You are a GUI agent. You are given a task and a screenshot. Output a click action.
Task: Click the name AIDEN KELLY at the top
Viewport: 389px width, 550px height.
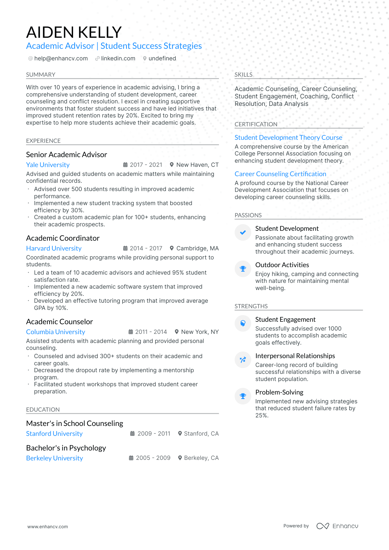pyautogui.click(x=74, y=32)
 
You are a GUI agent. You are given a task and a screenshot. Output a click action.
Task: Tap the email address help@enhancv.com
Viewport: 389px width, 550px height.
pyautogui.click(x=61, y=58)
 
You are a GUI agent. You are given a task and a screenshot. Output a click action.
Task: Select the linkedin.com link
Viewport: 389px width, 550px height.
pyautogui.click(x=118, y=58)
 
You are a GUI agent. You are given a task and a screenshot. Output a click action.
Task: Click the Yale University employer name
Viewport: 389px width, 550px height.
pyautogui.click(x=48, y=165)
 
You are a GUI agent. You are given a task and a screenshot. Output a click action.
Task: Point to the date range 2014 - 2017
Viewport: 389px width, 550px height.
pyautogui.click(x=146, y=248)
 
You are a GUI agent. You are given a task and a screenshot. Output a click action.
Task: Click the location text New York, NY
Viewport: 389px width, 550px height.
pyautogui.click(x=200, y=332)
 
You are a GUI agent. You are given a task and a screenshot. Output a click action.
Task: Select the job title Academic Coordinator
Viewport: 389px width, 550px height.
pyautogui.click(x=63, y=238)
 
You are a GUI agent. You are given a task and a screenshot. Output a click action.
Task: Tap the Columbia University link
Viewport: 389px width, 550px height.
pyautogui.click(x=55, y=332)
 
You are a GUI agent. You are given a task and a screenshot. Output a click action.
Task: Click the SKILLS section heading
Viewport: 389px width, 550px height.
pyautogui.click(x=243, y=75)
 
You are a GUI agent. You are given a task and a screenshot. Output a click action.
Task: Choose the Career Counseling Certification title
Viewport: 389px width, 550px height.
pyautogui.click(x=280, y=174)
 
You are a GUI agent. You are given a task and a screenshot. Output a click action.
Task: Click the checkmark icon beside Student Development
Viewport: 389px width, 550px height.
pyautogui.click(x=243, y=232)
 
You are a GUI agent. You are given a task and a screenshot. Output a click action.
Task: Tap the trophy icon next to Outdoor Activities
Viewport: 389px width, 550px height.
pyautogui.click(x=243, y=269)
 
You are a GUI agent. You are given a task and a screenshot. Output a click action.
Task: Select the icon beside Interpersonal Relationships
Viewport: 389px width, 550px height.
pyautogui.click(x=243, y=360)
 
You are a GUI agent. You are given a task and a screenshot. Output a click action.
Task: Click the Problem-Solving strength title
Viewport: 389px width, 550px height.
pyautogui.click(x=279, y=392)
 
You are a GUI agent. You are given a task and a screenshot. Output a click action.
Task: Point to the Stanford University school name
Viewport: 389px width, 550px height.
pyautogui.click(x=54, y=434)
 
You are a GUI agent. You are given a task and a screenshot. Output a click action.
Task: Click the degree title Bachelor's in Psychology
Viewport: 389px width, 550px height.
pyautogui.click(x=66, y=448)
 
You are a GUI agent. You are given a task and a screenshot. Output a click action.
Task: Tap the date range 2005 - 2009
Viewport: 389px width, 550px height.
pyautogui.click(x=153, y=458)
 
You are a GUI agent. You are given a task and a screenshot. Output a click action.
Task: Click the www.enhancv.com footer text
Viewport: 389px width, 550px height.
pyautogui.click(x=47, y=527)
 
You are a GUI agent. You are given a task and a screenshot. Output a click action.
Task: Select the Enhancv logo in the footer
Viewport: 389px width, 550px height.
pyautogui.click(x=337, y=526)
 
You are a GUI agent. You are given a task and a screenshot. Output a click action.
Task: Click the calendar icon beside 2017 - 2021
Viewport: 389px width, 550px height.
pyautogui.click(x=125, y=165)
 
